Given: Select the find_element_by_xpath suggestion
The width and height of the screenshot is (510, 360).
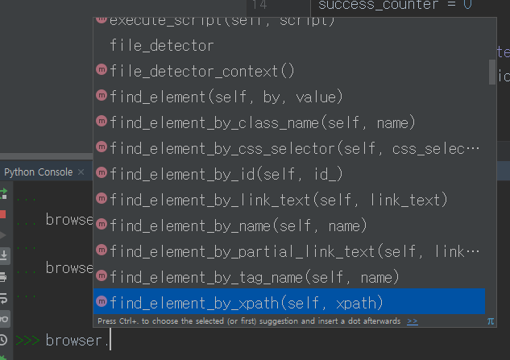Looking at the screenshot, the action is point(246,303).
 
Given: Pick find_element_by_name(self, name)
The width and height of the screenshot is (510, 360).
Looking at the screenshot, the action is point(238,226).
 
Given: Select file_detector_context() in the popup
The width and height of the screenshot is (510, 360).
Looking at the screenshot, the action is point(201,71).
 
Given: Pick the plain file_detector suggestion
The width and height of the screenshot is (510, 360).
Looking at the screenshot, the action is point(162,45).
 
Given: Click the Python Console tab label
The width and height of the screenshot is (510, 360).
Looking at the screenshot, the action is point(38,172).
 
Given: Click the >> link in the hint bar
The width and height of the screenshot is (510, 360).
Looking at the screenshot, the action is point(413,321).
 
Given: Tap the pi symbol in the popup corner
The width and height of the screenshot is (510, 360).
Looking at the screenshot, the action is point(491,321).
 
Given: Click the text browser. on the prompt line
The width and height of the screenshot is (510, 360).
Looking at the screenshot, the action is point(77,341).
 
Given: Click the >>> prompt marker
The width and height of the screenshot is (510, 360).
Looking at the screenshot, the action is point(27,341).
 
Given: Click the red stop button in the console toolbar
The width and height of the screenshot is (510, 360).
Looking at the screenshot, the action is point(4,214).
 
